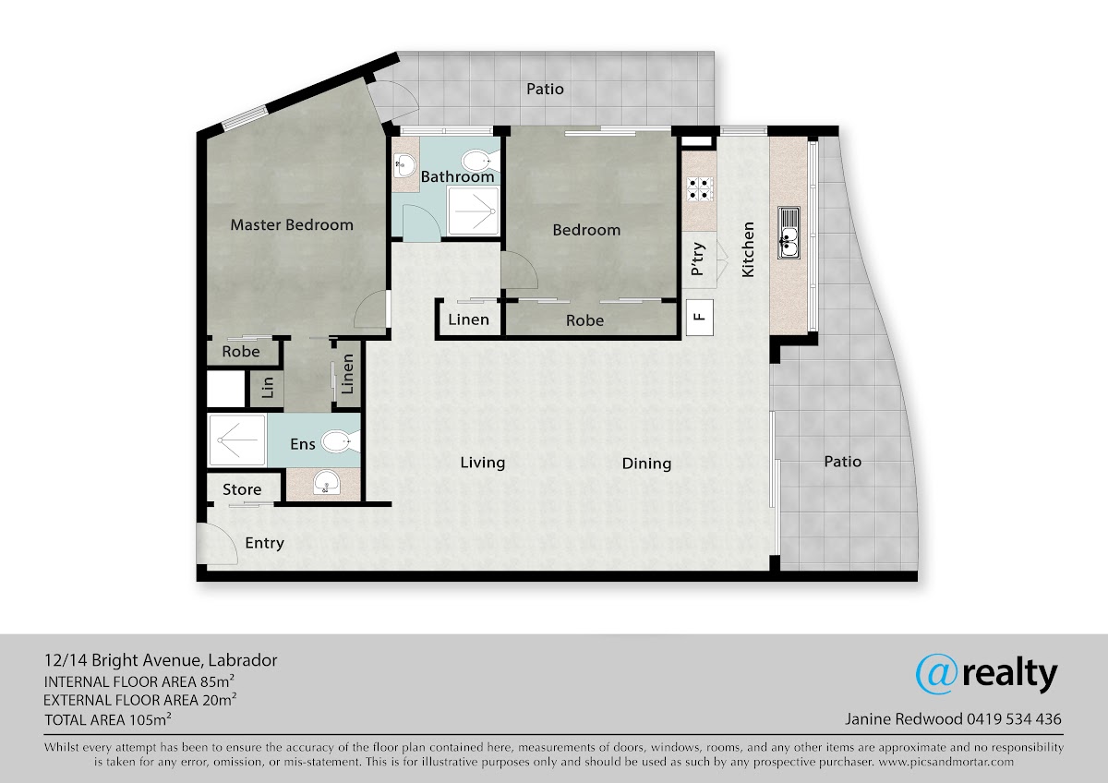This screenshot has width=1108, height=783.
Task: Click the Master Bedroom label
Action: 292,225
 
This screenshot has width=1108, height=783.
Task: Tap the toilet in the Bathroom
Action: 480,161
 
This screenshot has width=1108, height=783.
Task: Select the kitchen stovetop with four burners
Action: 700,189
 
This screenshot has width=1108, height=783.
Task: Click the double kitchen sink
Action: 789,233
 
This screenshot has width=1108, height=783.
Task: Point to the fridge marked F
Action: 700,317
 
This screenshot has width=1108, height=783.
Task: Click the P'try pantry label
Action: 697,259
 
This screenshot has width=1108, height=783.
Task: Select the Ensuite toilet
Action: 341,441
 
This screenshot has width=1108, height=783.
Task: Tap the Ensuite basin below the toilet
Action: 327,482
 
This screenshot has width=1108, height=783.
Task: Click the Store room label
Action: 242,489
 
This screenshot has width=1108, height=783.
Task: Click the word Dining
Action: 646,464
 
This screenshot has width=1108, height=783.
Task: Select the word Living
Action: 483,463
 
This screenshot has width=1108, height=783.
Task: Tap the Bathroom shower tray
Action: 474,211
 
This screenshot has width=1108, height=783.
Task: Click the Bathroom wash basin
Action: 405,164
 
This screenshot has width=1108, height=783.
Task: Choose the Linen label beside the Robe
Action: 468,319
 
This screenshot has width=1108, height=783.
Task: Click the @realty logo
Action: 986,674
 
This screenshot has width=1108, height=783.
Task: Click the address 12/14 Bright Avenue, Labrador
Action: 161,660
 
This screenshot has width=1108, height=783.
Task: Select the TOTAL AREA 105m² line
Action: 108,719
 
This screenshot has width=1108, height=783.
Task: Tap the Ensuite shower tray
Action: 237,440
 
